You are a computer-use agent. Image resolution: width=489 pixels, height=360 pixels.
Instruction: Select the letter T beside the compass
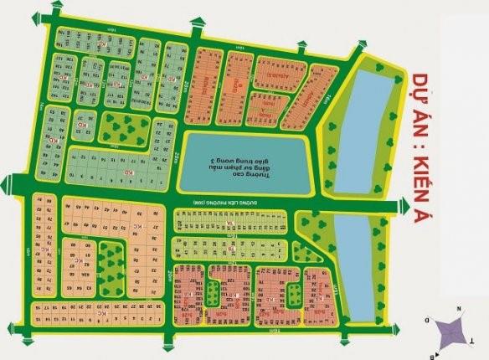(471, 342)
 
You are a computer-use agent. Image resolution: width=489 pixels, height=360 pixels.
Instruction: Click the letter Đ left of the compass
(428, 321)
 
